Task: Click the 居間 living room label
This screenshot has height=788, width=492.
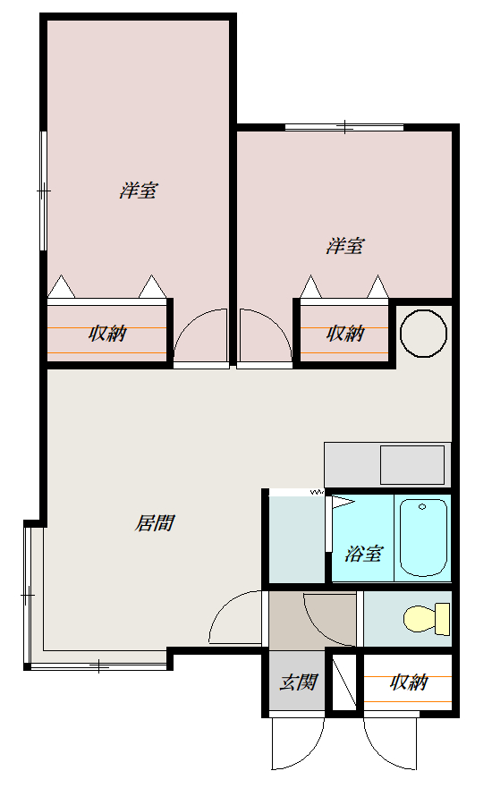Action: coord(154,523)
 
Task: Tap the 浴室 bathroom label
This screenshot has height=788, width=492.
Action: coord(363,554)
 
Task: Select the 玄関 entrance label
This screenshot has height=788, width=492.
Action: coord(299,682)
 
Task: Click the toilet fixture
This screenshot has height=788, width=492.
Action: coord(426,619)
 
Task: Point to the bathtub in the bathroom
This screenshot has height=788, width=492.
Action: coord(423,537)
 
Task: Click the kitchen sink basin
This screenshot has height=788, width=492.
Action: coord(412,465)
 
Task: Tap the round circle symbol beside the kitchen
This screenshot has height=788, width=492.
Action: coord(423,334)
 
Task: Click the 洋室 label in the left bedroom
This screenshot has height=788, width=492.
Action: coord(139,191)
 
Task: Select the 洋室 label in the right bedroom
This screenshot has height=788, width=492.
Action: coord(345,246)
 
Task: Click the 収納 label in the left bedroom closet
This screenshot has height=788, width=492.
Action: coord(107,333)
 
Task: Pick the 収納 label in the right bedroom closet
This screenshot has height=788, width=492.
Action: coord(345,333)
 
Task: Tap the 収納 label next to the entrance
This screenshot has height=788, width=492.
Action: coord(409,682)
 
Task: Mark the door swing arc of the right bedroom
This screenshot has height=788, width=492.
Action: coord(276,323)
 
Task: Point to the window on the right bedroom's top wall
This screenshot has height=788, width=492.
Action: coord(344,127)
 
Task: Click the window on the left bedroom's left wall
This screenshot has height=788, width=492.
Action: coord(44,191)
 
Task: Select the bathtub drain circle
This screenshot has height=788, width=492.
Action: coord(422,506)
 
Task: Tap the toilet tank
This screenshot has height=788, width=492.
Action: coord(442,619)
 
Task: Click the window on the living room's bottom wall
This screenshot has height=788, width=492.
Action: coord(99,666)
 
